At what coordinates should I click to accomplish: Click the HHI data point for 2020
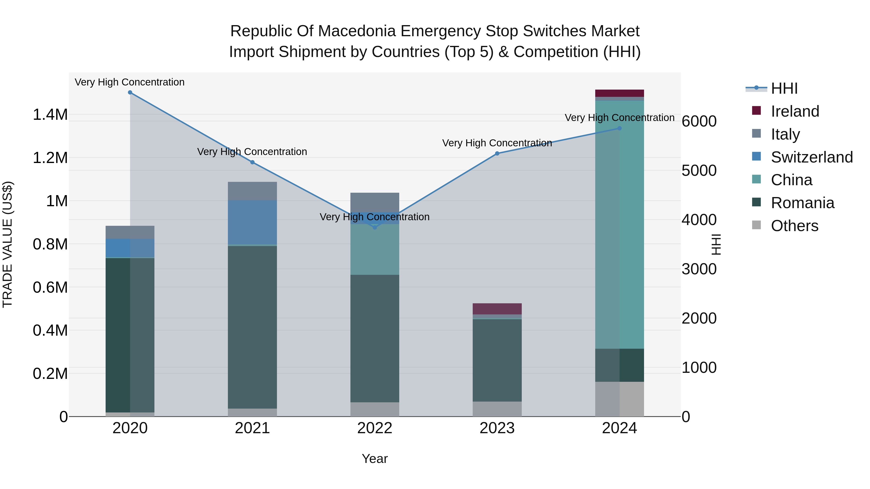(x=130, y=92)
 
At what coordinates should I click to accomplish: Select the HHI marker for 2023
(x=497, y=154)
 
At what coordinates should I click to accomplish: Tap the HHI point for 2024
(x=619, y=128)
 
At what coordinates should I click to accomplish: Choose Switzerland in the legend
(x=812, y=157)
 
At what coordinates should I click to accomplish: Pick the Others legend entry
(x=794, y=226)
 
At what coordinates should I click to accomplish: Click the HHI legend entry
(x=784, y=88)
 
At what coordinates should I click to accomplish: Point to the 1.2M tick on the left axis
(x=50, y=158)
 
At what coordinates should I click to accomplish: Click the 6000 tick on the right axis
(x=699, y=121)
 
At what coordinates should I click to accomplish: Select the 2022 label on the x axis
(x=375, y=428)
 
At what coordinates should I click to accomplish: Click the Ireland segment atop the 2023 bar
(x=497, y=309)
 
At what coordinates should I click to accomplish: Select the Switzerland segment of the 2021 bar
(x=252, y=222)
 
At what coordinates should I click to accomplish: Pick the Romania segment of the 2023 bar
(x=497, y=360)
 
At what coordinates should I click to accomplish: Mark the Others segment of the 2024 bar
(x=619, y=399)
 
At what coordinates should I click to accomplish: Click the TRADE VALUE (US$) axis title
(x=7, y=244)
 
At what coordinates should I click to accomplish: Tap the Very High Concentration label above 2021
(x=252, y=152)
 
